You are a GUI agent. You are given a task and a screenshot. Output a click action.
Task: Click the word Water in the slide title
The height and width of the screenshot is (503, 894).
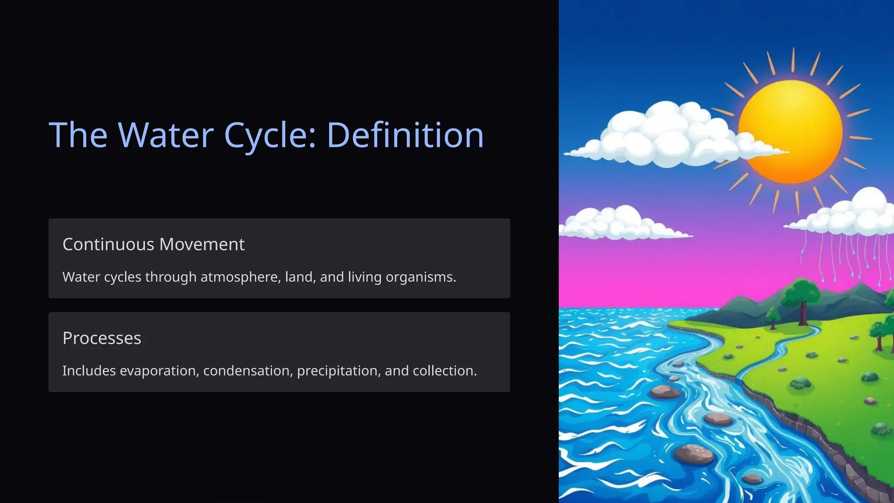click(x=166, y=135)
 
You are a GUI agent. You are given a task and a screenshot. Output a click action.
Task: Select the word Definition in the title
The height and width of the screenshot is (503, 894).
click(x=405, y=135)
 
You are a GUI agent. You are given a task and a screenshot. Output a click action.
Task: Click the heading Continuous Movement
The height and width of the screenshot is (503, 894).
click(x=153, y=245)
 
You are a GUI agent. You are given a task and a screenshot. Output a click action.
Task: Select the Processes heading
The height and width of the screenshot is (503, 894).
click(x=102, y=338)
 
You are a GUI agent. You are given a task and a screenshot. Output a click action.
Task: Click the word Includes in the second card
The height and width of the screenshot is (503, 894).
click(x=89, y=371)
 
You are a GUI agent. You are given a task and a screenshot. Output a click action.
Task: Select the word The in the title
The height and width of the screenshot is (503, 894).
click(x=78, y=135)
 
